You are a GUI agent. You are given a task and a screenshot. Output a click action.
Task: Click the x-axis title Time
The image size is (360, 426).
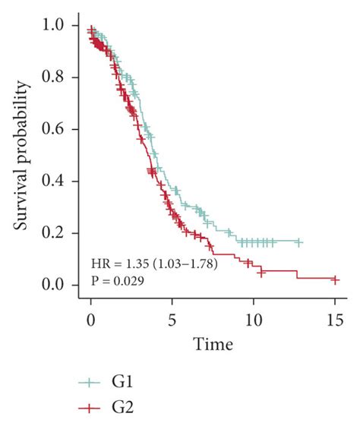(x=213, y=343)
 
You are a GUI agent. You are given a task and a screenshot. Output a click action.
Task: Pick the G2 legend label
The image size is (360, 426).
(x=125, y=409)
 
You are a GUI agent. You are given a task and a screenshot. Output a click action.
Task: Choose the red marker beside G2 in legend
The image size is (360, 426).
(x=90, y=409)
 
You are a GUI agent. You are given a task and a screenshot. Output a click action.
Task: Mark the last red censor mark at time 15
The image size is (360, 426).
(x=334, y=280)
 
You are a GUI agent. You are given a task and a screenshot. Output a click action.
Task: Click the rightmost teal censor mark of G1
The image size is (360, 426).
(x=298, y=242)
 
